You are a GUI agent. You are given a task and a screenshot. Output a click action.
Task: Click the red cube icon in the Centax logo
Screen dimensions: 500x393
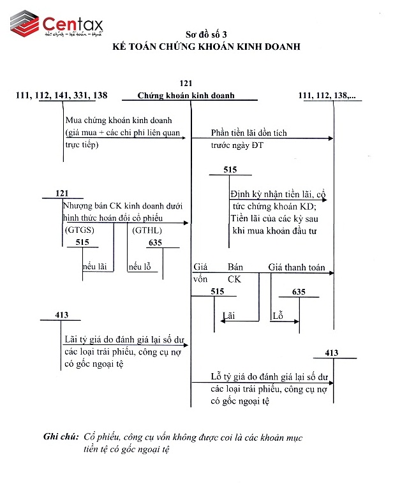tap(25, 23)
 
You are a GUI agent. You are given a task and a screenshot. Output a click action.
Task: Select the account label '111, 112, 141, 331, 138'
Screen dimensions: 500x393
tap(62, 96)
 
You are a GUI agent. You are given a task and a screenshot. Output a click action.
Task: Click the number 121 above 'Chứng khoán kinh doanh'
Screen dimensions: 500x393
tap(186, 84)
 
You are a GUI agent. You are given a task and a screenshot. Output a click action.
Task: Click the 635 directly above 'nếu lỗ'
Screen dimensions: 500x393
tap(155, 242)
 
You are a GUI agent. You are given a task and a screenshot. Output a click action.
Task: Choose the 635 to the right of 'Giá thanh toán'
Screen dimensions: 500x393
tap(299, 292)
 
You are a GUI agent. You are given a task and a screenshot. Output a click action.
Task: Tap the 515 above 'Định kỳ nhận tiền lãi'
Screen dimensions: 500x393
tap(232, 170)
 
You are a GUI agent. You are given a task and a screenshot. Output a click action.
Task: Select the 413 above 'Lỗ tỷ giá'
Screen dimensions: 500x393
tap(331, 353)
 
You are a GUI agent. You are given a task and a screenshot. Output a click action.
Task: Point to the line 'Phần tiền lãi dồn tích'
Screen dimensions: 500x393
tap(249, 133)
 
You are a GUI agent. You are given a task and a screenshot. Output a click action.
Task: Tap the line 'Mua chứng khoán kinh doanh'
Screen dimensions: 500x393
tap(119, 121)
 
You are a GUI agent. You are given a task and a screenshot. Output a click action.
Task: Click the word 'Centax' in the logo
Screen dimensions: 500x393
tap(71, 24)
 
